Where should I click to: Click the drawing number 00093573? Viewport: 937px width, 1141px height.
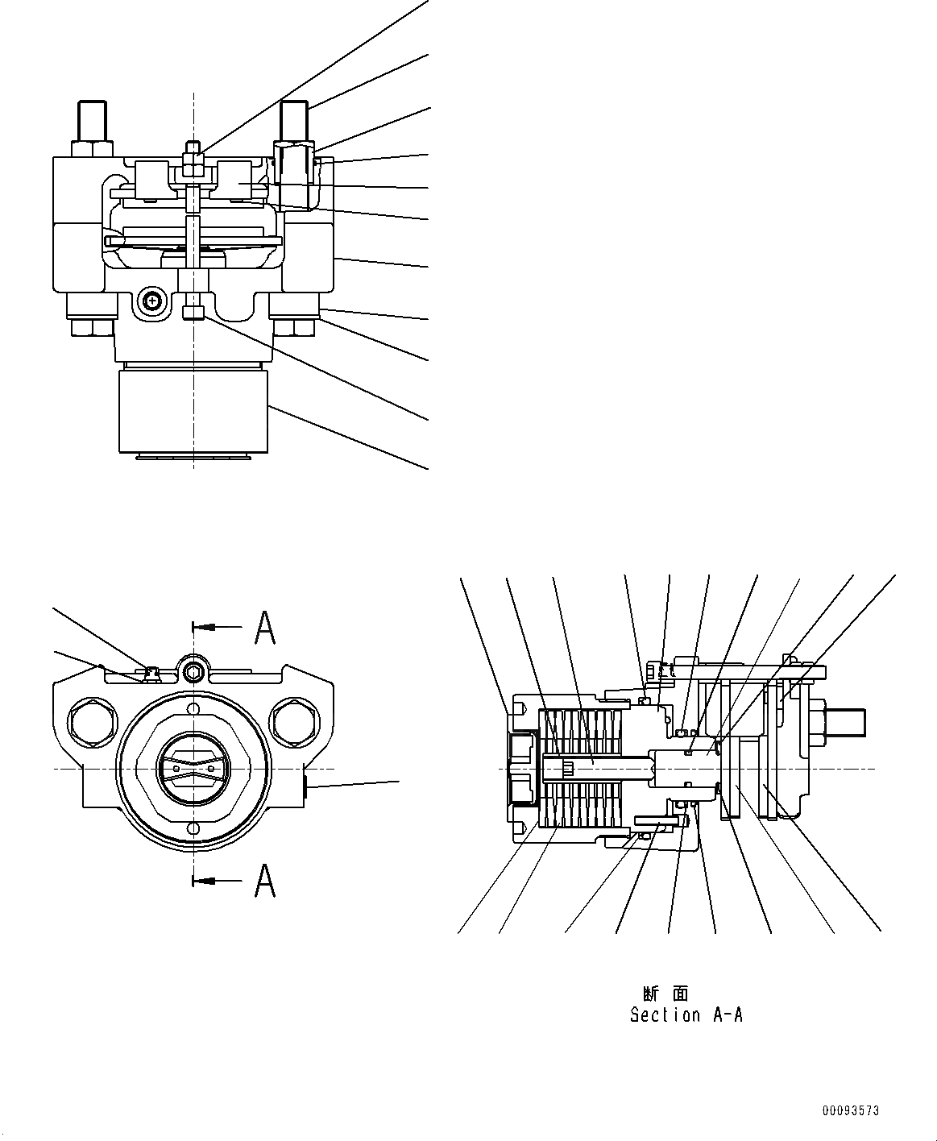click(x=851, y=1110)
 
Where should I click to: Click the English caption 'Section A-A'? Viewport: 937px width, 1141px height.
click(x=686, y=1015)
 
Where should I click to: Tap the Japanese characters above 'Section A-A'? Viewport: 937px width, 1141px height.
click(x=665, y=994)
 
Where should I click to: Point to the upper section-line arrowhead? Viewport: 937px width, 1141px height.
click(x=201, y=626)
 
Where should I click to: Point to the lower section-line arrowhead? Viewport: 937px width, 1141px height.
click(x=201, y=881)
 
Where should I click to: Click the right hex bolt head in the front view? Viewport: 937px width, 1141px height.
click(x=290, y=716)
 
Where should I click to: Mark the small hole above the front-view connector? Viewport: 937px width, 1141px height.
click(x=193, y=708)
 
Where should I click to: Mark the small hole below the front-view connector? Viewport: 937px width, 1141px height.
click(x=193, y=828)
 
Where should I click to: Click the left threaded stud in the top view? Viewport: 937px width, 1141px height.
click(x=90, y=121)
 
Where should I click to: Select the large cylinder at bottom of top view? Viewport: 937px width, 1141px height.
click(x=192, y=410)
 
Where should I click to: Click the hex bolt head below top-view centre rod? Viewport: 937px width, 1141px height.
click(x=193, y=312)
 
